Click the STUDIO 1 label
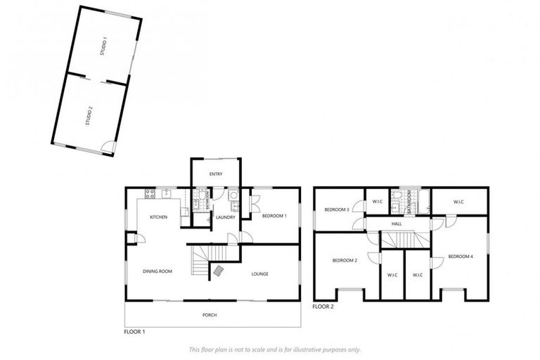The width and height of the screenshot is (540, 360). pyautogui.click(x=103, y=47)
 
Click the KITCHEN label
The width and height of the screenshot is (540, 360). pyautogui.click(x=158, y=217)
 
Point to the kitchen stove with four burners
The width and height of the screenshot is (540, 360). pyautogui.click(x=149, y=193)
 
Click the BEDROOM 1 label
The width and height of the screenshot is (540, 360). pyautogui.click(x=274, y=217)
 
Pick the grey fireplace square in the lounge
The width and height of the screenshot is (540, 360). pyautogui.click(x=219, y=270)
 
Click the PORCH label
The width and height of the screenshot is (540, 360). pyautogui.click(x=210, y=315)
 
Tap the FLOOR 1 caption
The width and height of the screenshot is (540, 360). pyautogui.click(x=134, y=331)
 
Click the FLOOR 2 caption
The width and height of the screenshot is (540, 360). pyautogui.click(x=323, y=307)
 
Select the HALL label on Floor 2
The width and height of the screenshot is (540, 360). pyautogui.click(x=397, y=224)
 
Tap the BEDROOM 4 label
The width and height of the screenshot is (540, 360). pyautogui.click(x=460, y=257)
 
